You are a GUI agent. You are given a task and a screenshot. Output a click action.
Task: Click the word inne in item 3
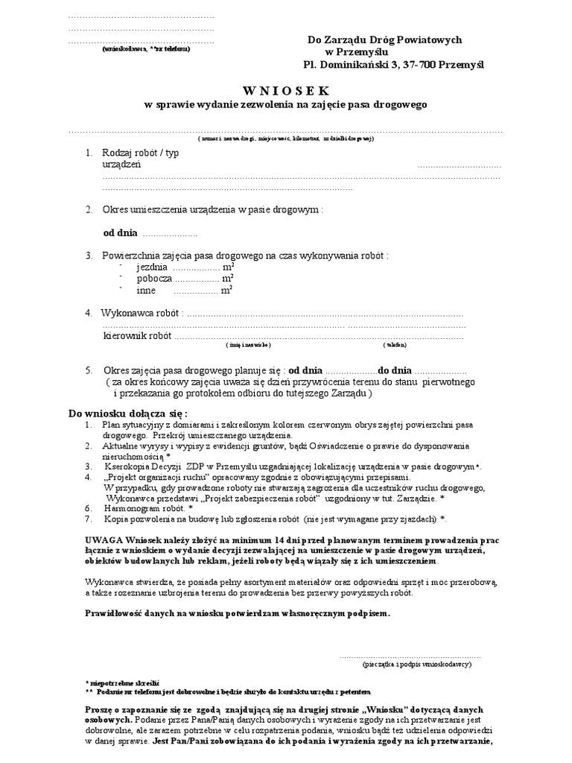click(x=146, y=291)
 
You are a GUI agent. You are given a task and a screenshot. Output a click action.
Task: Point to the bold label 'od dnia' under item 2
click(x=120, y=233)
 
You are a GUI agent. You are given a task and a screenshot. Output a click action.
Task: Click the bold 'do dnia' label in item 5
click(x=394, y=370)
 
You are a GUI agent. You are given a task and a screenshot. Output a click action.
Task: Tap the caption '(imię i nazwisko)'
click(x=248, y=346)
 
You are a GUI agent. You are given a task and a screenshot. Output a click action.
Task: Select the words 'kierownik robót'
click(x=137, y=336)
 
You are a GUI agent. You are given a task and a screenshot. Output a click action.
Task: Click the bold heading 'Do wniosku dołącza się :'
click(x=128, y=413)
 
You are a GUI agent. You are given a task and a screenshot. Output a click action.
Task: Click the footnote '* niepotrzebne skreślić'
click(x=122, y=682)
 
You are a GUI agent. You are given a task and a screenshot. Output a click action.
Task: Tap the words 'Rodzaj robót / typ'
click(x=141, y=153)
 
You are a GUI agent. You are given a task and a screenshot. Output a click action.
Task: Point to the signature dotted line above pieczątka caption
click(x=410, y=655)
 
